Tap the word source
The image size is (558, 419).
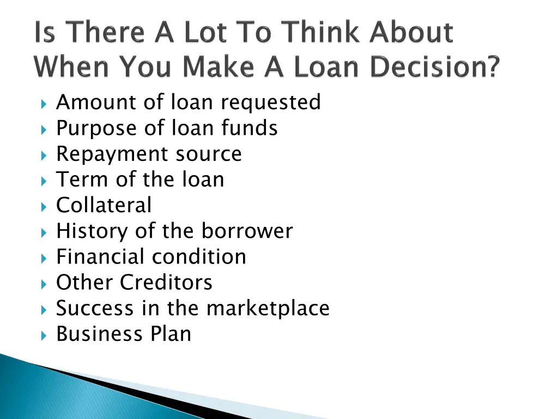pyautogui.click(x=209, y=154)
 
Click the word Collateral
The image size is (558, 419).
pyautogui.click(x=104, y=206)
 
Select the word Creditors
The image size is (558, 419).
pyautogui.click(x=166, y=283)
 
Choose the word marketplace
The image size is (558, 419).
pyautogui.click(x=268, y=308)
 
